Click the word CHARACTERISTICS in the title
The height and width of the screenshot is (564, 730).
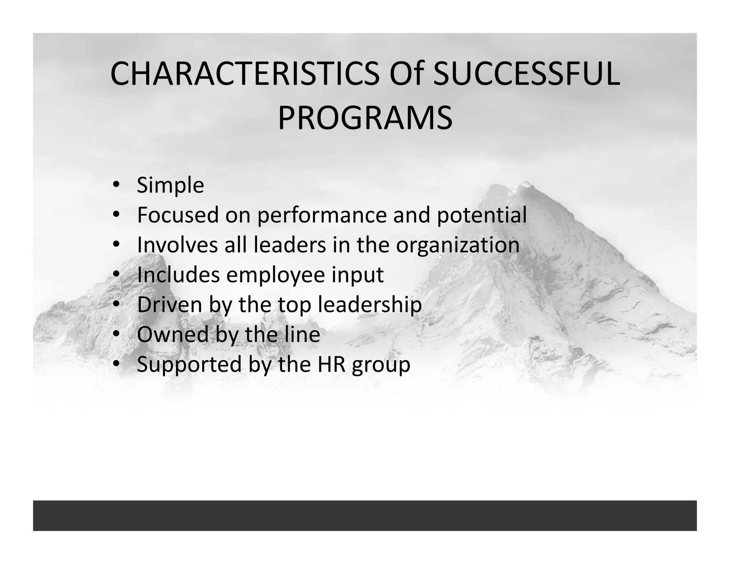[x=245, y=74]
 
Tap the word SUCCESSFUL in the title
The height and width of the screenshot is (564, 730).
[x=526, y=74]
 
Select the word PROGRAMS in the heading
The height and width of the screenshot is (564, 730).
[x=365, y=118]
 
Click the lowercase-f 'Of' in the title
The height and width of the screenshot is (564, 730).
[x=406, y=74]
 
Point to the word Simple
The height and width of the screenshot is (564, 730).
[x=170, y=186]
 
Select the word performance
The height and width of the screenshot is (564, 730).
[x=322, y=216]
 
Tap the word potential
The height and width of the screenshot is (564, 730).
[x=482, y=215]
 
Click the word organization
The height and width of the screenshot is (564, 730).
[x=458, y=246]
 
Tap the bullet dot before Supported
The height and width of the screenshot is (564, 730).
[x=116, y=364]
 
